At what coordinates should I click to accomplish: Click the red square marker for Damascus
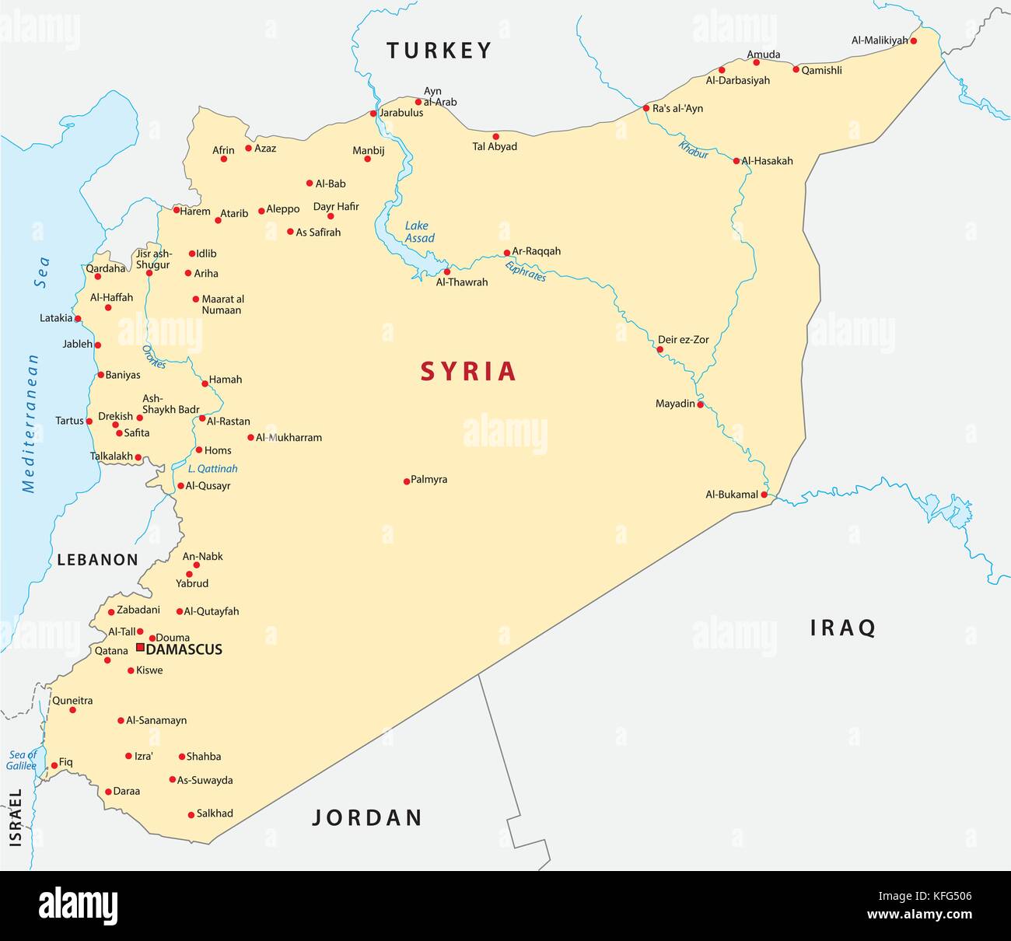140,647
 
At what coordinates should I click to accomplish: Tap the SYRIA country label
468,371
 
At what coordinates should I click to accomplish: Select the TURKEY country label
439,51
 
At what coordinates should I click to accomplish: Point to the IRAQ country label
843,628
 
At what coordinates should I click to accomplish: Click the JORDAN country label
367,817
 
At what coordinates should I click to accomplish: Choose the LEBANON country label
97,560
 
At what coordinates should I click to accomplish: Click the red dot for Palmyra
407,481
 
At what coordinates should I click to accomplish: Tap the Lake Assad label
419,232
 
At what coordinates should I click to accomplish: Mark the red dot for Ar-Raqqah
507,253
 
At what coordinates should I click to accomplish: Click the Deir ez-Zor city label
684,340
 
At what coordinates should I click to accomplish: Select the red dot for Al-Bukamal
764,495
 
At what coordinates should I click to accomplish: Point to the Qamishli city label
822,70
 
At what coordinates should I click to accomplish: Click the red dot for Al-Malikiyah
914,40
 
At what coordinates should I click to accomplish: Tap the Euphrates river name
526,271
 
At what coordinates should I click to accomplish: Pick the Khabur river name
693,149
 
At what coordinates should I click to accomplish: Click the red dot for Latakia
78,319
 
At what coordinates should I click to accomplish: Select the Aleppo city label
283,209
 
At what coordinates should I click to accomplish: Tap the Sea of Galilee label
22,760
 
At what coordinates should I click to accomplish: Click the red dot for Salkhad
191,815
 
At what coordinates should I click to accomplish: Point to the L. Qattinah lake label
213,469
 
